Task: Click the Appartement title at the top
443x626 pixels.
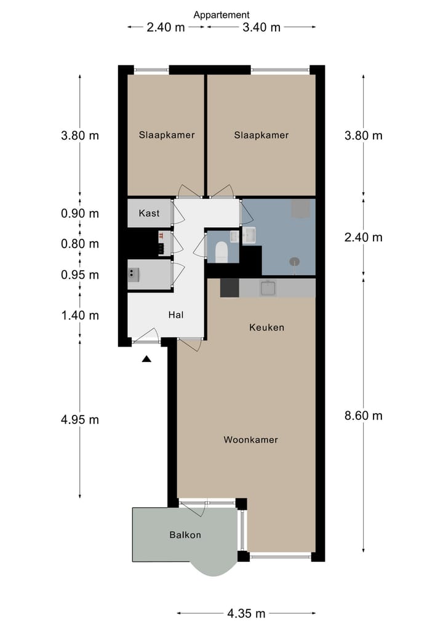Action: (x=221, y=15)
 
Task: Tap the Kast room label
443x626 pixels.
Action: (x=150, y=213)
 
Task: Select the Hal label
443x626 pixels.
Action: (x=176, y=315)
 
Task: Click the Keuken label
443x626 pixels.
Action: (x=266, y=327)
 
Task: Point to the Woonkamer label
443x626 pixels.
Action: (x=250, y=439)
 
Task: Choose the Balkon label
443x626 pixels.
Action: (x=185, y=534)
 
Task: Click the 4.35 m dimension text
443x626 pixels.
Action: (x=246, y=613)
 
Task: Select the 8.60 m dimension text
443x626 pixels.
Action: (x=364, y=415)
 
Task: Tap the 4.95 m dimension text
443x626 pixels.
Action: (x=80, y=420)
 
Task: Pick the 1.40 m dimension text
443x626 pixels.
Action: (x=80, y=315)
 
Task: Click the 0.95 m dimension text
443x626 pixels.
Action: (x=80, y=275)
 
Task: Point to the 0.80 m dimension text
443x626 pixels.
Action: (x=80, y=244)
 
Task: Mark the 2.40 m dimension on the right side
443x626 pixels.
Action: (x=364, y=238)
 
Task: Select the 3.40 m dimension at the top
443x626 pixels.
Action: (x=261, y=27)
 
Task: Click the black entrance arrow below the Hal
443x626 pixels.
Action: (x=146, y=359)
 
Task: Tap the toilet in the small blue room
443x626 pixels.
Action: (x=221, y=252)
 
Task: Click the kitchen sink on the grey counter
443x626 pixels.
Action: (x=268, y=288)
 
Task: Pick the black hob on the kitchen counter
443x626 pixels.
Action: (x=229, y=288)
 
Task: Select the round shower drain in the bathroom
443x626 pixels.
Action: (x=295, y=262)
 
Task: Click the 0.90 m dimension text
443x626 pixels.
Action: (x=80, y=213)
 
